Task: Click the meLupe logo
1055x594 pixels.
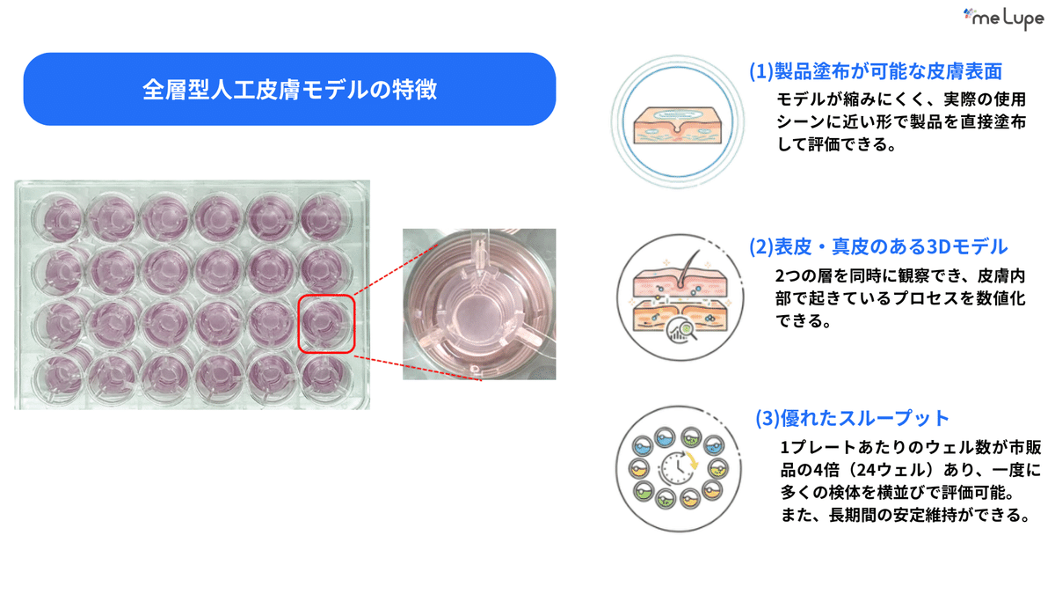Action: (x=1003, y=18)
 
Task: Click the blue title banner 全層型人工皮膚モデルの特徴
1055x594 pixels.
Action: (x=289, y=89)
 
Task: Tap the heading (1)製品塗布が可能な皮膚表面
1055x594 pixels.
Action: (x=876, y=71)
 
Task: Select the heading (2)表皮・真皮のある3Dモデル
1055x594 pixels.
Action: (x=878, y=247)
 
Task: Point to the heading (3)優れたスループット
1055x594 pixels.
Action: (x=852, y=418)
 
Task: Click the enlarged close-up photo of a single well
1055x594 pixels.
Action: (x=479, y=304)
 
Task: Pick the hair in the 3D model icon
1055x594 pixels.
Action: (x=688, y=268)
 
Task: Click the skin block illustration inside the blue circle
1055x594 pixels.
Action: (x=678, y=125)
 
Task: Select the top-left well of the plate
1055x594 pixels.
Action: (x=57, y=217)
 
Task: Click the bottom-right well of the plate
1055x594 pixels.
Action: (x=325, y=378)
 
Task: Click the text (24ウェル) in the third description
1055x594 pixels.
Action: (x=891, y=470)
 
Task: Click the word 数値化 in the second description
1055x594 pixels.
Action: (x=1000, y=298)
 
